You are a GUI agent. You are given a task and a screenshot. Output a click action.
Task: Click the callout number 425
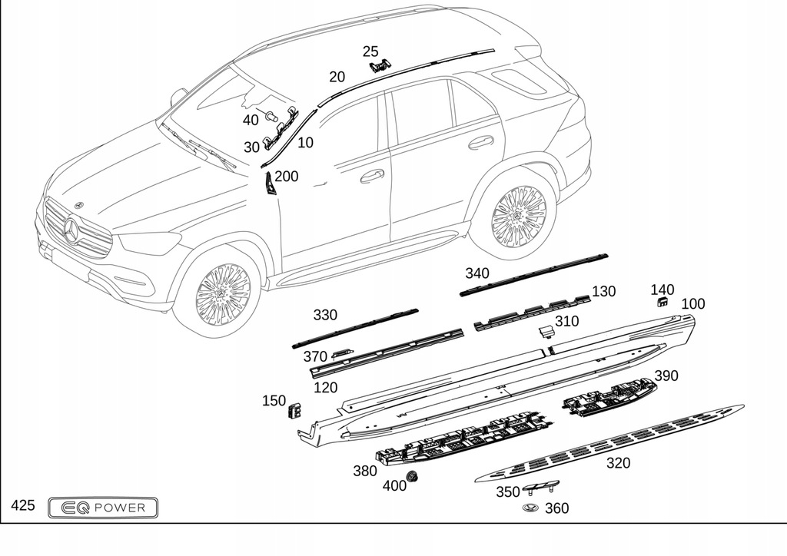pos(23,505)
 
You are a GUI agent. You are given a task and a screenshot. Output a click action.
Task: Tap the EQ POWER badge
pos(103,507)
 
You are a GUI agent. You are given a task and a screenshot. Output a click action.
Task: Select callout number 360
pos(556,508)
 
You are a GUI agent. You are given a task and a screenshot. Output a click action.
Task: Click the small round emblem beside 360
pos(529,508)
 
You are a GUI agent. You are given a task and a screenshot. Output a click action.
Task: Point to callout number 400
pos(394,485)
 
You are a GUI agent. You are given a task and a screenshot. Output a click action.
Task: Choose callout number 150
pos(274,400)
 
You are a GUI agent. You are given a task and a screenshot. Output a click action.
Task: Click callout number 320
pos(618,462)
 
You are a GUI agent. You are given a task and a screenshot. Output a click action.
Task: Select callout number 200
pos(286,176)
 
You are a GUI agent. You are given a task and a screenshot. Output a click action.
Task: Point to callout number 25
pos(370,51)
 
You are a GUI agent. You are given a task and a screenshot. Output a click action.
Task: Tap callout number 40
pos(251,120)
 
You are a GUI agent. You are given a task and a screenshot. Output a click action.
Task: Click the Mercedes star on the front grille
pos(71,230)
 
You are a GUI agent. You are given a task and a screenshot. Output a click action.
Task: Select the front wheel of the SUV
pos(222,293)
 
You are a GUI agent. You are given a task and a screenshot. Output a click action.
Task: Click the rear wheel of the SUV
pos(518,216)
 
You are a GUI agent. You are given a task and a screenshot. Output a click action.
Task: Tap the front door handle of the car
pos(373,176)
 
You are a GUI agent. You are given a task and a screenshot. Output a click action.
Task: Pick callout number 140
pos(662,290)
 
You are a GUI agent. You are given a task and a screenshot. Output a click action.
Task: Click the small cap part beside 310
pos(545,331)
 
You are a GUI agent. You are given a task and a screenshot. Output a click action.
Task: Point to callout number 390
pos(666,376)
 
